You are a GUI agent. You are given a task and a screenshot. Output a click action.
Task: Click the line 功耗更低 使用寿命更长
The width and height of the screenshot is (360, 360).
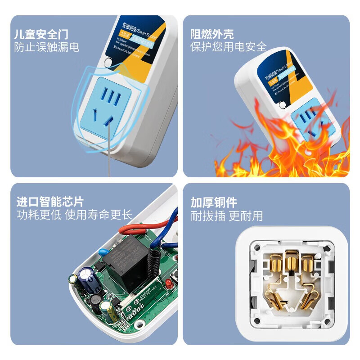[x=75, y=215]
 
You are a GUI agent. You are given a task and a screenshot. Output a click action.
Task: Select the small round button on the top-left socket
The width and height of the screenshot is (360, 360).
[x=108, y=63]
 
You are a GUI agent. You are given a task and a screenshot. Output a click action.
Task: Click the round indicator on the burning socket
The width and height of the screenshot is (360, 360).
[x=283, y=105]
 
